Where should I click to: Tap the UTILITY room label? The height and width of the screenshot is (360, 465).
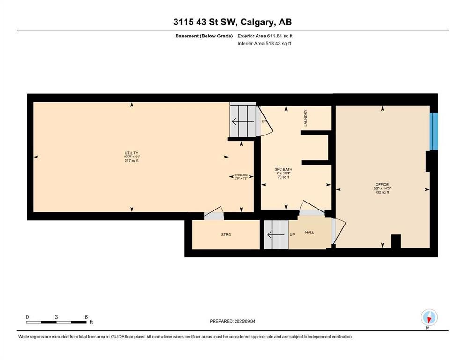[132, 153]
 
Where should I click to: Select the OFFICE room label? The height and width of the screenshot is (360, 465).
[382, 185]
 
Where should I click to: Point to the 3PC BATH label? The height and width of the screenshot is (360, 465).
[283, 170]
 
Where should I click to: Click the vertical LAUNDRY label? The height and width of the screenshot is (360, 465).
[305, 118]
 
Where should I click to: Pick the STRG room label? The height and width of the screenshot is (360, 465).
[226, 235]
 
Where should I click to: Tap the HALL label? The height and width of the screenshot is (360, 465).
[310, 232]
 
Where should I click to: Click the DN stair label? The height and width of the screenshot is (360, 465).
[264, 121]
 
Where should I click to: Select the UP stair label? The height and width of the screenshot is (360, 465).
[292, 235]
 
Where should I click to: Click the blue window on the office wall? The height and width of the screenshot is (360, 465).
[434, 131]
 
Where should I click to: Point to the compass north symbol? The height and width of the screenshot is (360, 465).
[429, 318]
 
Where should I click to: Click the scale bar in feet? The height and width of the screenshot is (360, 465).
[56, 322]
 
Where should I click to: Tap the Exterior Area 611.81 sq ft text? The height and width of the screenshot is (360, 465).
[265, 36]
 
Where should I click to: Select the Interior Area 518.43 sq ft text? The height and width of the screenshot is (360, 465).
[264, 43]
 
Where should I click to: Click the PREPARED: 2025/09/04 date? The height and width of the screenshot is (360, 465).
[232, 321]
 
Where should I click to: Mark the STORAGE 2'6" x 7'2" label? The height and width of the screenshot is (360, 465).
[241, 177]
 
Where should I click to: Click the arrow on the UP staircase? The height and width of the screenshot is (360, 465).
[273, 235]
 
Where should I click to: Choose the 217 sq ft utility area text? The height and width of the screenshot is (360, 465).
[132, 161]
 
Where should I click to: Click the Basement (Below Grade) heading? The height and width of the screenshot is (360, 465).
[204, 36]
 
